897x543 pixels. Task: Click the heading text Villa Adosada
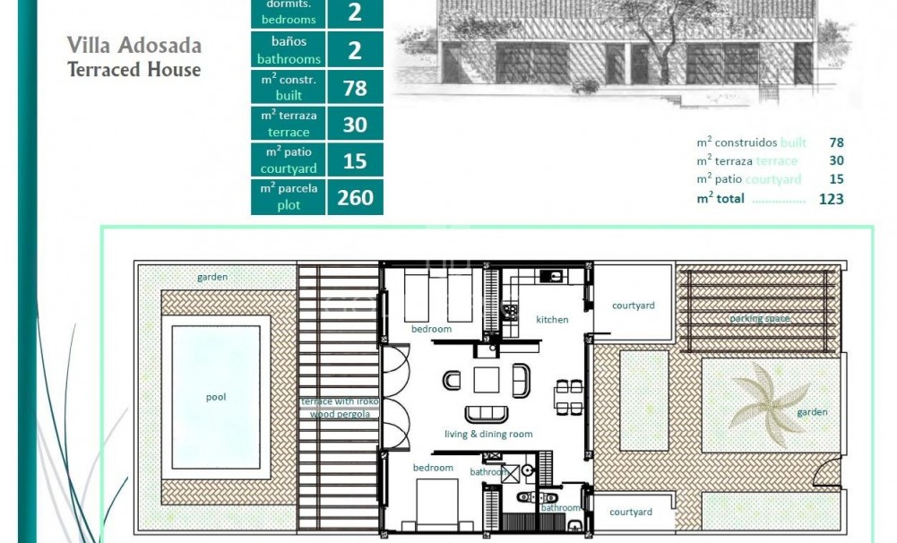pyautogui.click(x=134, y=45)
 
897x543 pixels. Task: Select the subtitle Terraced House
pyautogui.click(x=134, y=69)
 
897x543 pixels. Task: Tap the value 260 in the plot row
pyautogui.click(x=355, y=197)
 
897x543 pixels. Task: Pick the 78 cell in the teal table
pyautogui.click(x=355, y=87)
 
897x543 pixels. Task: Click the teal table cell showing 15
pyautogui.click(x=355, y=160)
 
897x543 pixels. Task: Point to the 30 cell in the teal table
pyautogui.click(x=355, y=124)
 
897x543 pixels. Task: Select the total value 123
pyautogui.click(x=831, y=199)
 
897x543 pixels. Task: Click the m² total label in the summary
pyautogui.click(x=720, y=199)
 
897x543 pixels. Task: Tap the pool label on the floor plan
pyautogui.click(x=216, y=397)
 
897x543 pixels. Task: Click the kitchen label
pyautogui.click(x=552, y=319)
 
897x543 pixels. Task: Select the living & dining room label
pyautogui.click(x=488, y=434)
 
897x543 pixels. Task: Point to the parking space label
pyautogui.click(x=759, y=318)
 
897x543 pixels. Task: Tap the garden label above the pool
pyautogui.click(x=212, y=277)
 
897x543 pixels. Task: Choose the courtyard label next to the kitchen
pyautogui.click(x=633, y=306)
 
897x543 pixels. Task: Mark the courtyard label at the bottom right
pyautogui.click(x=631, y=512)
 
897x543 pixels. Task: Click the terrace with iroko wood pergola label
pyautogui.click(x=340, y=408)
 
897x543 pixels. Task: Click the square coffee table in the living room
pyautogui.click(x=487, y=380)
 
